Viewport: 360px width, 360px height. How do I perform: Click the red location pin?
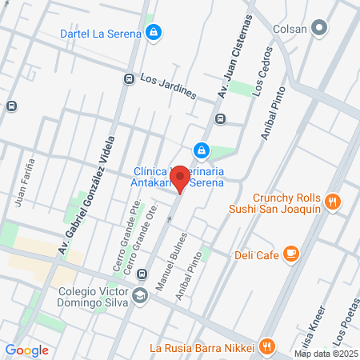(180, 178)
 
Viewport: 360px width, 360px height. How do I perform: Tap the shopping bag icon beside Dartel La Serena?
(153, 33)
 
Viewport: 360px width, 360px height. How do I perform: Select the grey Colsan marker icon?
(320, 29)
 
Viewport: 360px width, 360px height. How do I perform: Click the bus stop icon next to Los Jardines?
(129, 79)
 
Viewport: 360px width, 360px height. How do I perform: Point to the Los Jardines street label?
(168, 86)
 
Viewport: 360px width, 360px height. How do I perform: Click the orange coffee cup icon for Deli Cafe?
(291, 254)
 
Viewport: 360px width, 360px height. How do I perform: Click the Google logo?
(26, 350)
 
